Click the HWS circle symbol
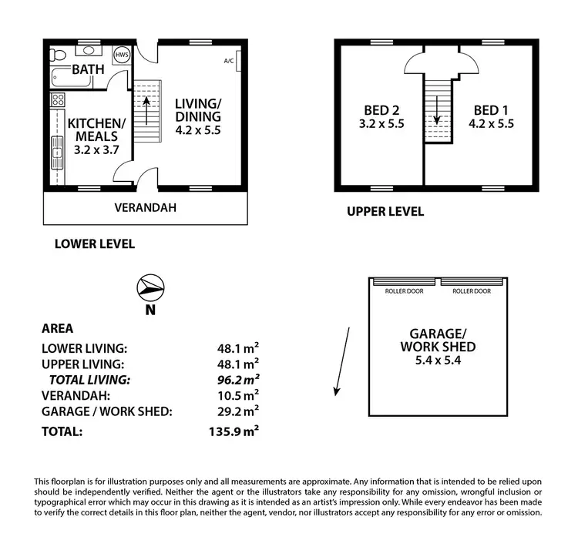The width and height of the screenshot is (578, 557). (x=122, y=55)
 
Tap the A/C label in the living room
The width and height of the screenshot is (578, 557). (x=229, y=61)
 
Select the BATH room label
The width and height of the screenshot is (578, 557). (x=88, y=70)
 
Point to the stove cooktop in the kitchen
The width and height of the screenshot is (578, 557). (x=57, y=99)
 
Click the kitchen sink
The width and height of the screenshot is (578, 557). (x=57, y=154)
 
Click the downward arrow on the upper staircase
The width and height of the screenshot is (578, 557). (x=437, y=117)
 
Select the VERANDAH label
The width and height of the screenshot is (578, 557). (x=146, y=207)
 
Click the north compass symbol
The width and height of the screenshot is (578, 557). (x=150, y=288)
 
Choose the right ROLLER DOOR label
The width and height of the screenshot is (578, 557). (x=472, y=291)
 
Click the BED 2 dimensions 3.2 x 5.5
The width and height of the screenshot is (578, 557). (x=382, y=122)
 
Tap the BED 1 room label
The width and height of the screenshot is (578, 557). (x=491, y=109)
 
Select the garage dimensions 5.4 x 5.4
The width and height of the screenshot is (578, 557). (x=437, y=361)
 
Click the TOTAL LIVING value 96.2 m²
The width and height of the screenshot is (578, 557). (x=237, y=379)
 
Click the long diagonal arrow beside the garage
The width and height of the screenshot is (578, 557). (x=343, y=361)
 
